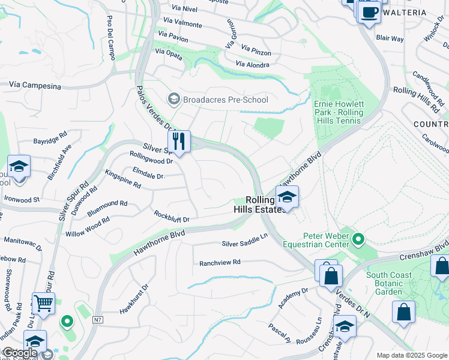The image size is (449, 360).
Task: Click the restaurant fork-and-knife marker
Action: click(179, 142)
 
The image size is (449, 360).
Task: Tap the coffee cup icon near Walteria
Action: click(369, 12)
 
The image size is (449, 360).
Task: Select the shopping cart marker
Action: click(43, 304)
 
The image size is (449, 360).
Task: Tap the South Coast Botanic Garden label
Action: click(389, 284)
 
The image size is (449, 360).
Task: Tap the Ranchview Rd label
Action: click(220, 262)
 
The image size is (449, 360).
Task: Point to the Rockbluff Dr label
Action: click(172, 217)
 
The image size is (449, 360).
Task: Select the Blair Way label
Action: click(390, 38)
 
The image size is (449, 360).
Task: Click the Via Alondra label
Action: click(253, 64)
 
